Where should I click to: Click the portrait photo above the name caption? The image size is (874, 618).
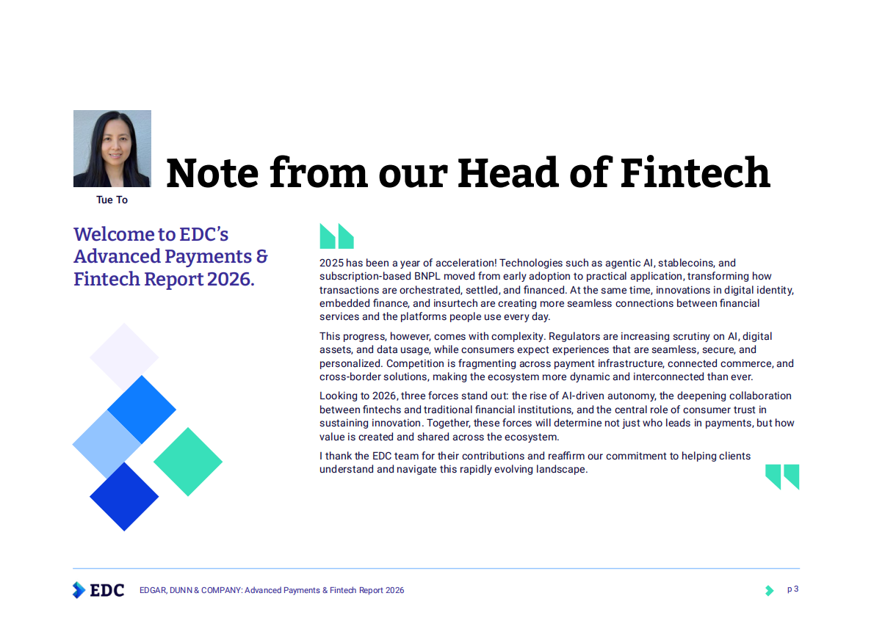(x=112, y=148)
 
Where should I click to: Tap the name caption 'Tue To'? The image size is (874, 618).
(x=112, y=200)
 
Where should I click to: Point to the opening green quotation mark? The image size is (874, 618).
(x=336, y=236)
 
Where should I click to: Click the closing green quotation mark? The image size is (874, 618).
(x=781, y=476)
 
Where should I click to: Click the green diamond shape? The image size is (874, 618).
(x=188, y=462)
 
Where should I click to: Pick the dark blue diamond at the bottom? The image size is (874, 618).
(x=124, y=496)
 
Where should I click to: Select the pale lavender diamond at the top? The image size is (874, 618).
(x=124, y=357)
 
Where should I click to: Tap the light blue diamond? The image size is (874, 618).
(x=106, y=444)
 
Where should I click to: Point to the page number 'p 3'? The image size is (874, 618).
(x=793, y=589)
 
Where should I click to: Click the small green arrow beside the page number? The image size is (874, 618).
(x=769, y=590)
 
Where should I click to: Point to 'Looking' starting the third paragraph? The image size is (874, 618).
(x=339, y=396)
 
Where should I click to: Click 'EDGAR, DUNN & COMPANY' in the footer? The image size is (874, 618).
(x=190, y=590)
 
